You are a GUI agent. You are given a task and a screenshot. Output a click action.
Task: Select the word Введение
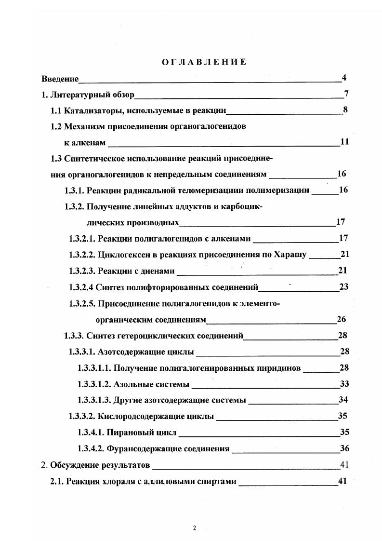(60, 79)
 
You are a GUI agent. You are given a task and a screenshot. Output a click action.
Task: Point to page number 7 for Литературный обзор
(346, 94)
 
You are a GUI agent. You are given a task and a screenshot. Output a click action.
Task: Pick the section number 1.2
(56, 126)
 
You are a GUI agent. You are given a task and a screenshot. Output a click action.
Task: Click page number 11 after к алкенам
(344, 142)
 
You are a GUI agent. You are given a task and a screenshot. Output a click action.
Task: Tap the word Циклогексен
(119, 255)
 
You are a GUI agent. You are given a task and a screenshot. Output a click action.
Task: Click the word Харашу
(291, 255)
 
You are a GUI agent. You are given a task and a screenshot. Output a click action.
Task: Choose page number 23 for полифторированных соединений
(344, 287)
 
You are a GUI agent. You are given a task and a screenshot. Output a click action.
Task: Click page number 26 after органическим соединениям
(342, 319)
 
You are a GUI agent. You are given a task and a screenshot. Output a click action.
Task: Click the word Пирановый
(131, 432)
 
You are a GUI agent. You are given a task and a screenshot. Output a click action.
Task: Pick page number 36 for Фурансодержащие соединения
(344, 448)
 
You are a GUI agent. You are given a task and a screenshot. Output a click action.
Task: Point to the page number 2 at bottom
(195, 528)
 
